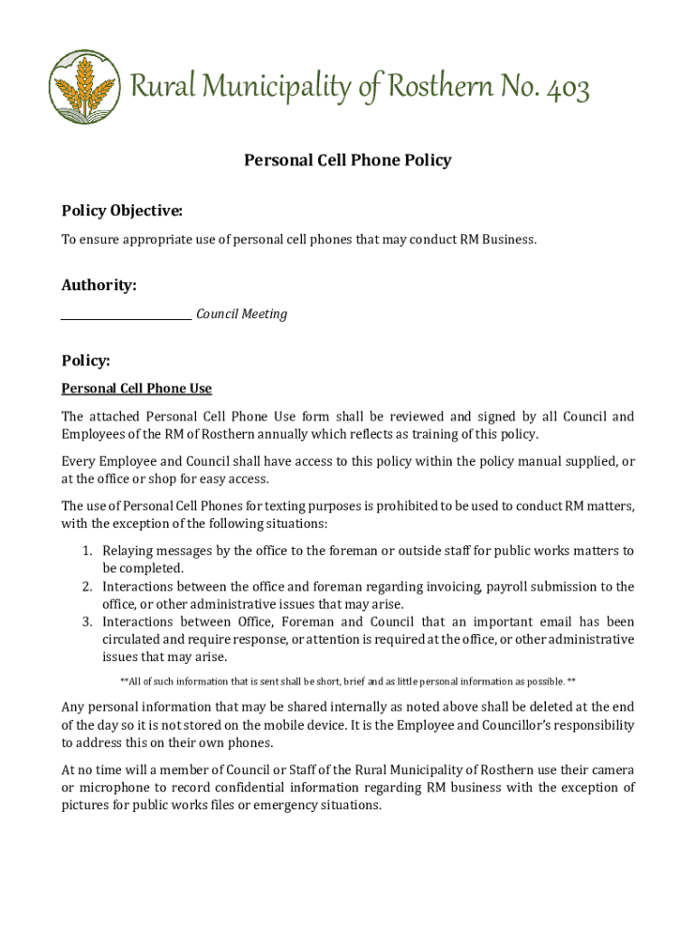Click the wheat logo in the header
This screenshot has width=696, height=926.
point(84,87)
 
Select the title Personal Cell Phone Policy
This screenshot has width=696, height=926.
point(347,161)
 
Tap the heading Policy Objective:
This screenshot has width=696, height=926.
point(122,212)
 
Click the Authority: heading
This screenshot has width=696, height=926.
point(99,286)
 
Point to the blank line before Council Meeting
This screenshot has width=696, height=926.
point(126,317)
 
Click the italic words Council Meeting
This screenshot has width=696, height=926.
point(241,315)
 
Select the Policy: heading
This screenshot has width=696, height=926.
point(86,361)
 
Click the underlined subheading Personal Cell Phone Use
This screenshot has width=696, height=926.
point(136,389)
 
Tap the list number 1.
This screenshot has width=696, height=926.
point(87,551)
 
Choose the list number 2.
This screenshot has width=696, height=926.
point(87,587)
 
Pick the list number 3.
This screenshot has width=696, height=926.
point(87,622)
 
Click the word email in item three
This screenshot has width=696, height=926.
point(553,622)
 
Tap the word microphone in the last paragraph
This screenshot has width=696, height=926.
point(117,788)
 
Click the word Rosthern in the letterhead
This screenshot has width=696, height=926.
point(441,89)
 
